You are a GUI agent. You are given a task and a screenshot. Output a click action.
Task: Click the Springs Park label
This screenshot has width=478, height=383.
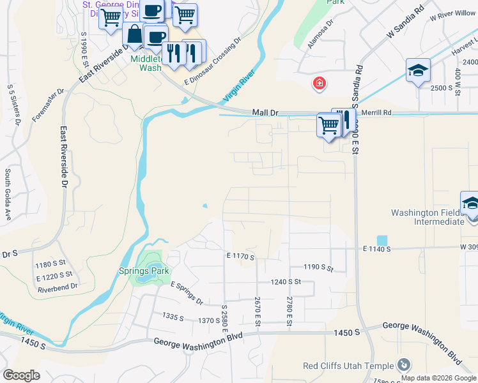click(144, 271)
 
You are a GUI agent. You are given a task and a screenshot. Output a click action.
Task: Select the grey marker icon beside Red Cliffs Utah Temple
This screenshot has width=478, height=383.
click(404, 364)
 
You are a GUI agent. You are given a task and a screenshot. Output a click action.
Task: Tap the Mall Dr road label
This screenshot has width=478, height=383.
click(265, 112)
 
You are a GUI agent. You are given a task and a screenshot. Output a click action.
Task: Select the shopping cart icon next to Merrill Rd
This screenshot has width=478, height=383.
click(328, 124)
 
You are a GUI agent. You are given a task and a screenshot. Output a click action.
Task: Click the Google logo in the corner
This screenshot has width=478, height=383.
click(21, 375)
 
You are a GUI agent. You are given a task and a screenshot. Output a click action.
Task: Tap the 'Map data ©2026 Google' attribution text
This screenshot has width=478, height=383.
click(439, 378)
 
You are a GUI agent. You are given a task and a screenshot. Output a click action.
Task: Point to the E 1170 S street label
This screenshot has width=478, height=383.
click(240, 257)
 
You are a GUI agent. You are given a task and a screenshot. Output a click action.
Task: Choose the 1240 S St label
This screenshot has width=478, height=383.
click(286, 281)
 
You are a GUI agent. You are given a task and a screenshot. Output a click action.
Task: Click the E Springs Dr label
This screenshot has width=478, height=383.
click(187, 292)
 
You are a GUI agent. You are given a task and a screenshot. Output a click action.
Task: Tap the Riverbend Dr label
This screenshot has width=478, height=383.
click(58, 287)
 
